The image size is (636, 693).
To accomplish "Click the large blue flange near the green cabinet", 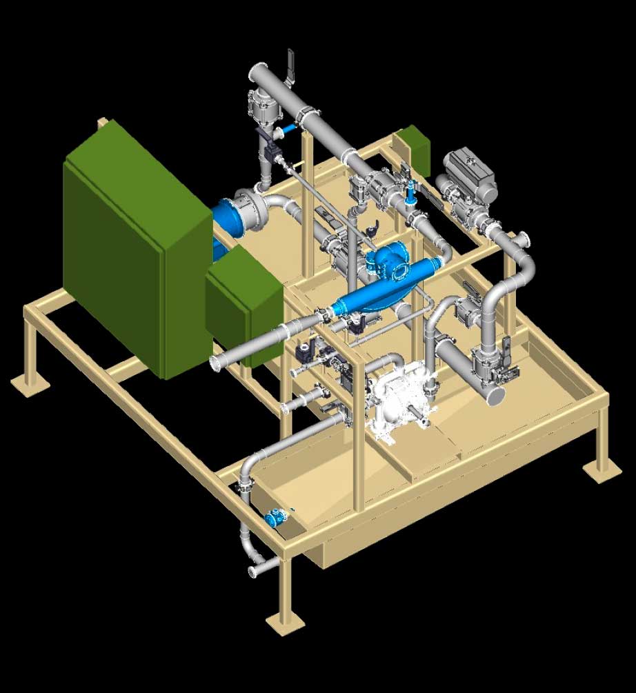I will pyautogui.click(x=228, y=217).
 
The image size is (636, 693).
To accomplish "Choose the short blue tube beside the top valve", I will pyautogui.click(x=289, y=128).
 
